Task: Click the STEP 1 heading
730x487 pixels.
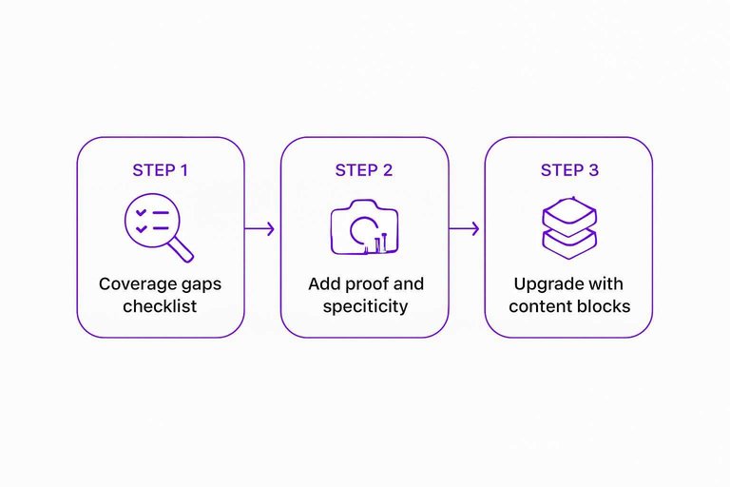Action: pyautogui.click(x=160, y=170)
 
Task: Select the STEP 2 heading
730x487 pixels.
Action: pyautogui.click(x=364, y=170)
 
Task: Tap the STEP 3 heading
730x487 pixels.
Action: pyautogui.click(x=569, y=170)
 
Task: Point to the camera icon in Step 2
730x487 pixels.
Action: pyautogui.click(x=364, y=229)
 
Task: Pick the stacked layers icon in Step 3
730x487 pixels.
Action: pyautogui.click(x=568, y=229)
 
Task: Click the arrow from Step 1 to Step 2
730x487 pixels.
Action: pyautogui.click(x=261, y=228)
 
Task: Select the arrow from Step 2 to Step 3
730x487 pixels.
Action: pyautogui.click(x=466, y=228)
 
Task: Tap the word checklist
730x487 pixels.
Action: pyautogui.click(x=160, y=306)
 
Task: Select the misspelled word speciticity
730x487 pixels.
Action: pyautogui.click(x=364, y=306)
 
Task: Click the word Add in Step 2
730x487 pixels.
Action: pyautogui.click(x=322, y=284)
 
